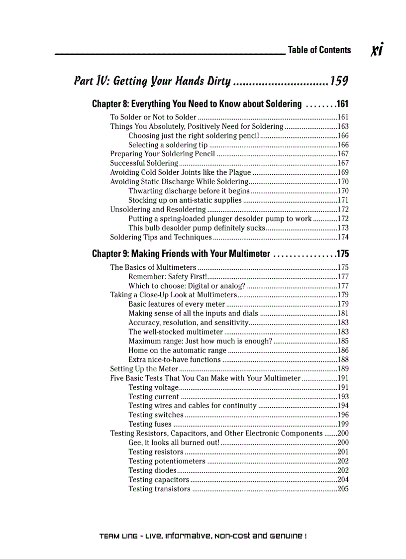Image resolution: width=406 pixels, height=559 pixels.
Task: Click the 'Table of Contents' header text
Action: (x=319, y=50)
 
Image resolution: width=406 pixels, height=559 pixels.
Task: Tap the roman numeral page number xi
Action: (x=377, y=50)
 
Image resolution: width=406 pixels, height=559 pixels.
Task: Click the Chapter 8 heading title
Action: (x=197, y=104)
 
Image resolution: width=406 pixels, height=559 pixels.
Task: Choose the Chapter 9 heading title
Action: (x=181, y=254)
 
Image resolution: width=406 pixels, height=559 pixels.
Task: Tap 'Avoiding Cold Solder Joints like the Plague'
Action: (x=180, y=172)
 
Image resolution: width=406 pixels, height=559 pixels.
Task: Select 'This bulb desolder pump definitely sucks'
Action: (x=196, y=227)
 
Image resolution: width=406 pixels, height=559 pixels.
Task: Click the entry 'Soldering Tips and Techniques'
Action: (x=161, y=237)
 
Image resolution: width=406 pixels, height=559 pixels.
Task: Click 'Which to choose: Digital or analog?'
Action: (x=187, y=286)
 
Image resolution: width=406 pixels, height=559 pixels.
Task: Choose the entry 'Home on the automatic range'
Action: (x=177, y=350)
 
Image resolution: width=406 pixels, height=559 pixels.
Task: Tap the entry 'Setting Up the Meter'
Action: (x=144, y=369)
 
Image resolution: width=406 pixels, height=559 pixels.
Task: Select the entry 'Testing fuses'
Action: (x=150, y=424)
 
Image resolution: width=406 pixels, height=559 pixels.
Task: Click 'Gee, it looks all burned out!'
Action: (x=174, y=443)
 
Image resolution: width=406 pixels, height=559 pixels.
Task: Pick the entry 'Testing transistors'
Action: (x=159, y=489)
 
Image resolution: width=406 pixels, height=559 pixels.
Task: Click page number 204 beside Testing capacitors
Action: (x=343, y=480)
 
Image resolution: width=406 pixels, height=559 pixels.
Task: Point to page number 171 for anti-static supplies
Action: (x=343, y=200)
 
